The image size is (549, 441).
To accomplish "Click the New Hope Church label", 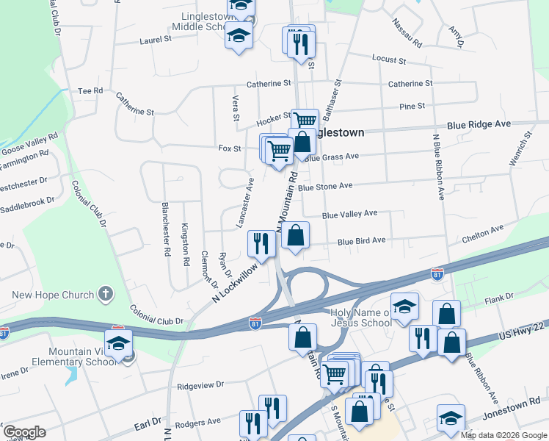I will tap(53, 295).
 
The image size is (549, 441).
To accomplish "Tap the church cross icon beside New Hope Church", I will tap(106, 295).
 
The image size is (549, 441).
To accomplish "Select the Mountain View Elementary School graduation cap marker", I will tap(119, 344).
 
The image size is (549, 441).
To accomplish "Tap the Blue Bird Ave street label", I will tap(361, 240).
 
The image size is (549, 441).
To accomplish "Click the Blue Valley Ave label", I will tap(349, 214).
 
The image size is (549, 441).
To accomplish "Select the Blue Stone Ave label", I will tap(326, 187).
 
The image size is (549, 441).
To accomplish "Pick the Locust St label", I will tap(389, 59).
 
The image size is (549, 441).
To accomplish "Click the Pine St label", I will tap(412, 106).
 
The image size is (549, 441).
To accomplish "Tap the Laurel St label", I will tap(156, 41).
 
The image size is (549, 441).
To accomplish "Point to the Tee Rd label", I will tap(90, 90).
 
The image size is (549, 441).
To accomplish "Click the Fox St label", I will tap(230, 148).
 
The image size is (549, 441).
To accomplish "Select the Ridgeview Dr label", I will tap(200, 384).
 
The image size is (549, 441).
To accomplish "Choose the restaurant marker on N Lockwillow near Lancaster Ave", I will tap(261, 244).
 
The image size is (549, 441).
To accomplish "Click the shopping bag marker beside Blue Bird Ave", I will tap(295, 237).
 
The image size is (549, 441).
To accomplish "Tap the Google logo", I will tap(24, 432).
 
